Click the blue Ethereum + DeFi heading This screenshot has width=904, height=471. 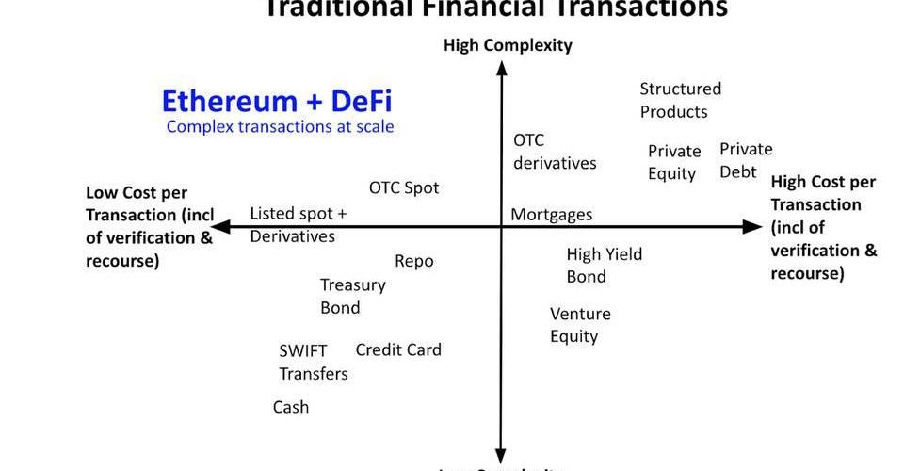pos(277,101)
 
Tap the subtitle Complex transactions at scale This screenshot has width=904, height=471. pos(280,126)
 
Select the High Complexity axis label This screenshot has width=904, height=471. pos(508,45)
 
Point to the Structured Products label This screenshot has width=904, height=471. pos(680,100)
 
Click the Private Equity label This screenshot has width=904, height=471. pos(674,162)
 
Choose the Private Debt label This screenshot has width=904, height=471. pos(746,160)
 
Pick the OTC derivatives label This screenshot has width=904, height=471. pos(554,151)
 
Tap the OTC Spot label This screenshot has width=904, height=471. pos(404,187)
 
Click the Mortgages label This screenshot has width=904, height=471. pos(552,215)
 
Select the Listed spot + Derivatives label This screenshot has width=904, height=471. pos(298,224)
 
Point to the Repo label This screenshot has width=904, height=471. pos(414,261)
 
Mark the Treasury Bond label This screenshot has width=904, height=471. pos(352,296)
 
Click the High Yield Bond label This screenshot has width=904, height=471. pos(604,265)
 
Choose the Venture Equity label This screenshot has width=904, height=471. pos(580,325)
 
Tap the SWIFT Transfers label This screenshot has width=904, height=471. pos(313,362)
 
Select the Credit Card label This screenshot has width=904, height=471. pos(398,349)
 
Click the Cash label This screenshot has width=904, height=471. pos(291,407)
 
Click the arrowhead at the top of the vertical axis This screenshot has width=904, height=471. pos(501,68)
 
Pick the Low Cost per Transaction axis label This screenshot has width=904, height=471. pos(150,226)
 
